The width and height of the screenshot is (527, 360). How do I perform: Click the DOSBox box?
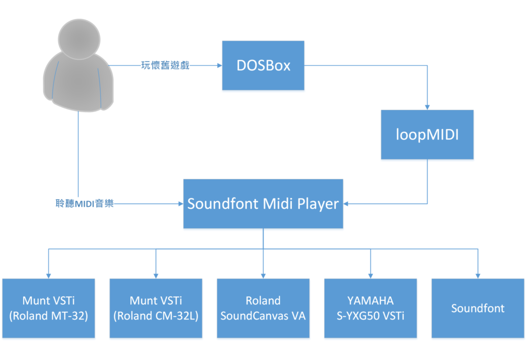(263, 65)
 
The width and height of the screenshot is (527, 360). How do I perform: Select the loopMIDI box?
(427, 134)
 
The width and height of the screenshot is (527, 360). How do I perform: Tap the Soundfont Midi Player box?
(263, 204)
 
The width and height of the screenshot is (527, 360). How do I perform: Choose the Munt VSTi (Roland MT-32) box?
(49, 308)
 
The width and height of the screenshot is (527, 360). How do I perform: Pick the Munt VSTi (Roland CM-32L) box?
(156, 308)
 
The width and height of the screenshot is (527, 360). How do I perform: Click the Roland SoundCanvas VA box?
(263, 308)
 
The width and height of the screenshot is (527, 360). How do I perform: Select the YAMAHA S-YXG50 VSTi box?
(370, 308)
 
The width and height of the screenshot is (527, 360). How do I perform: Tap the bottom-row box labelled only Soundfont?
(478, 308)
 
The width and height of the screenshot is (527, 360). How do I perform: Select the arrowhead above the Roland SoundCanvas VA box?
(263, 275)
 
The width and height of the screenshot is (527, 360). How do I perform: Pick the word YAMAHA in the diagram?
(370, 300)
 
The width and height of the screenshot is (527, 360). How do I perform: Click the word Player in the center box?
(318, 204)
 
